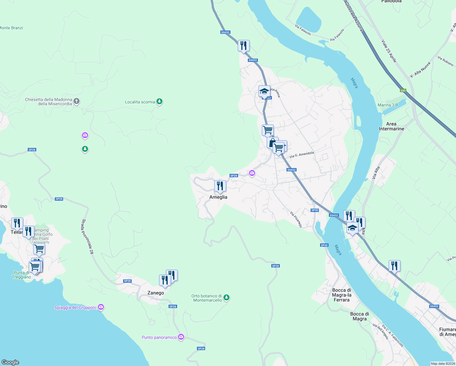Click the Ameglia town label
(x=218, y=197)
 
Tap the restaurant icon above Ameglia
(x=220, y=186)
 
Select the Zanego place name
(x=155, y=293)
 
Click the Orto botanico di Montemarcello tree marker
(x=226, y=297)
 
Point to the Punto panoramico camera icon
(x=181, y=337)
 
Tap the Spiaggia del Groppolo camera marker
(x=101, y=307)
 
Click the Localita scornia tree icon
(x=159, y=102)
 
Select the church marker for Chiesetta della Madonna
(x=77, y=101)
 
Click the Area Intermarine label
(x=391, y=126)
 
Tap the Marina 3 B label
(x=388, y=105)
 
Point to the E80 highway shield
(x=403, y=91)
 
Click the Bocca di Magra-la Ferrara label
(x=341, y=295)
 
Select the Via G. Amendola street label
(x=301, y=155)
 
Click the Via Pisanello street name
(x=296, y=220)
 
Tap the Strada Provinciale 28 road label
(x=87, y=236)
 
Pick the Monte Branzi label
(x=11, y=28)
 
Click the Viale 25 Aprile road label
(x=389, y=51)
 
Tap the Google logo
(x=10, y=362)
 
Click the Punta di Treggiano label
(x=21, y=275)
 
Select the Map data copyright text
(x=443, y=364)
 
